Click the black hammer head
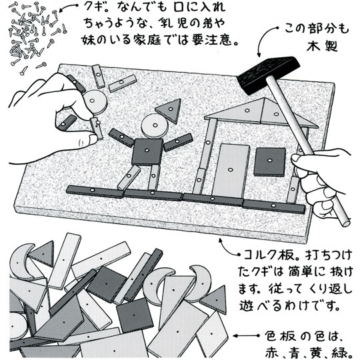point(269,75)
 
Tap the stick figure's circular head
point(155,126)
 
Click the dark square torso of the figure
point(147,151)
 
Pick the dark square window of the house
point(270,162)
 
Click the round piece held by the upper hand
point(95,102)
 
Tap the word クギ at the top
point(93,9)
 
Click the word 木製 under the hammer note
point(322,47)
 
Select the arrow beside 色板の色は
point(246,335)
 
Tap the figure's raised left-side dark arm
point(121,137)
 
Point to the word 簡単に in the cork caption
point(303,272)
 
